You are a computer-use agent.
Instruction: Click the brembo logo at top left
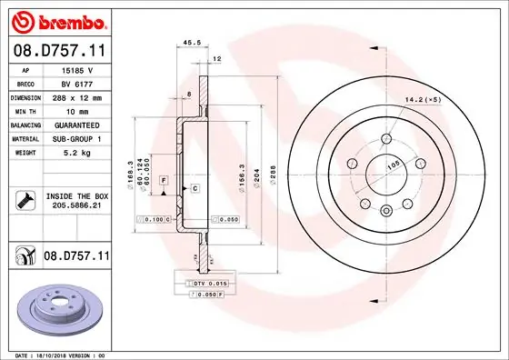[56, 20]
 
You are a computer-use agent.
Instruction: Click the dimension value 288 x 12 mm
[76, 96]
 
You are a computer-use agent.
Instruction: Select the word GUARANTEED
[76, 124]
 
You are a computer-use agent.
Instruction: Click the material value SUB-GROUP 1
[76, 137]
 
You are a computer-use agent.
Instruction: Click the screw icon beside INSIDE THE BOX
[22, 200]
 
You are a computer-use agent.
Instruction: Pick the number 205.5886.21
[75, 206]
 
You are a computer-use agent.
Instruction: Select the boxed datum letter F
[163, 180]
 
